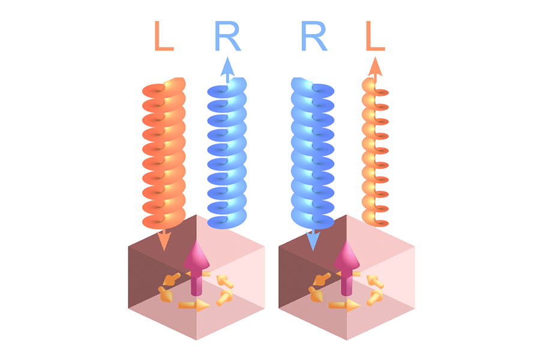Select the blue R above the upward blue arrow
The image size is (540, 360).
coord(227,36)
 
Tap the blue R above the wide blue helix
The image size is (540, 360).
coord(314,36)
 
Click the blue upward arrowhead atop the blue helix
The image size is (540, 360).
coord(227,67)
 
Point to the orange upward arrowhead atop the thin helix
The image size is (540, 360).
coord(375,67)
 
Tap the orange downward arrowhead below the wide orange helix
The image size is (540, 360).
coord(164,241)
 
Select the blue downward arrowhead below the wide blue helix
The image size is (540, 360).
coord(313,241)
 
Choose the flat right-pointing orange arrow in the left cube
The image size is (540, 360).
coord(194,305)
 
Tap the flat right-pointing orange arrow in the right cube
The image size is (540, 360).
coord(344,305)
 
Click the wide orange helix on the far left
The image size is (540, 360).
coord(164,154)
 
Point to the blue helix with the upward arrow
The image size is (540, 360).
coord(227,154)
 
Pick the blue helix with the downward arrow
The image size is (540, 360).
coord(313,154)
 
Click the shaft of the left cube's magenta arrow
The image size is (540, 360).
coord(196,282)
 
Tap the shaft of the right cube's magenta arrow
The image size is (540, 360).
coord(346,282)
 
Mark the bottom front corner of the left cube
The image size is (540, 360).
coord(197,340)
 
